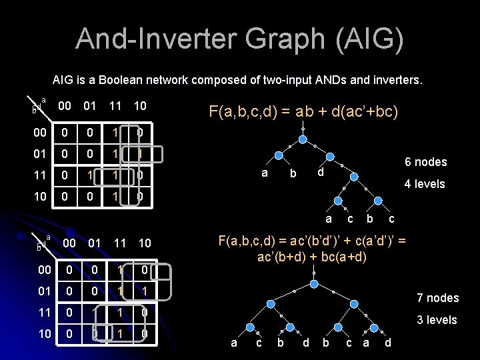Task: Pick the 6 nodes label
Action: [x=425, y=162]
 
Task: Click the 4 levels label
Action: [x=425, y=184]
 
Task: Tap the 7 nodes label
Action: [x=437, y=297]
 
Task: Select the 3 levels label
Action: [x=437, y=320]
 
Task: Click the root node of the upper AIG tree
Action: [x=303, y=141]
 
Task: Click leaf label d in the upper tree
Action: [x=320, y=173]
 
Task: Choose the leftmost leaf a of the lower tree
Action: [x=233, y=343]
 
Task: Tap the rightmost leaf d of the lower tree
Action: [x=388, y=343]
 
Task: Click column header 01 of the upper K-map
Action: [x=90, y=106]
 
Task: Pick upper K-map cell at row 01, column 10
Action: [x=141, y=154]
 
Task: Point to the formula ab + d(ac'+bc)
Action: [x=303, y=111]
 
